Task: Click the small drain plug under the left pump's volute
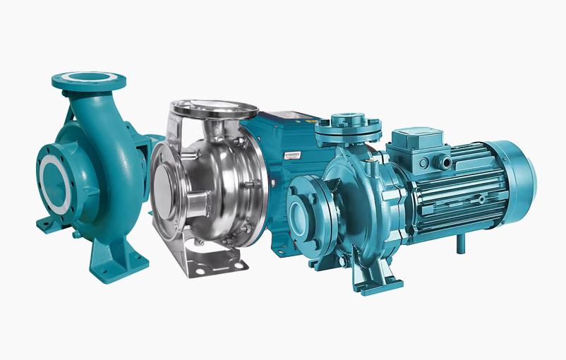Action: click(73, 234)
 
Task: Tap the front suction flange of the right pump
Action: click(304, 212)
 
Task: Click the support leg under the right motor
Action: click(460, 244)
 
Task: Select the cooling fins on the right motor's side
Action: click(459, 191)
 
